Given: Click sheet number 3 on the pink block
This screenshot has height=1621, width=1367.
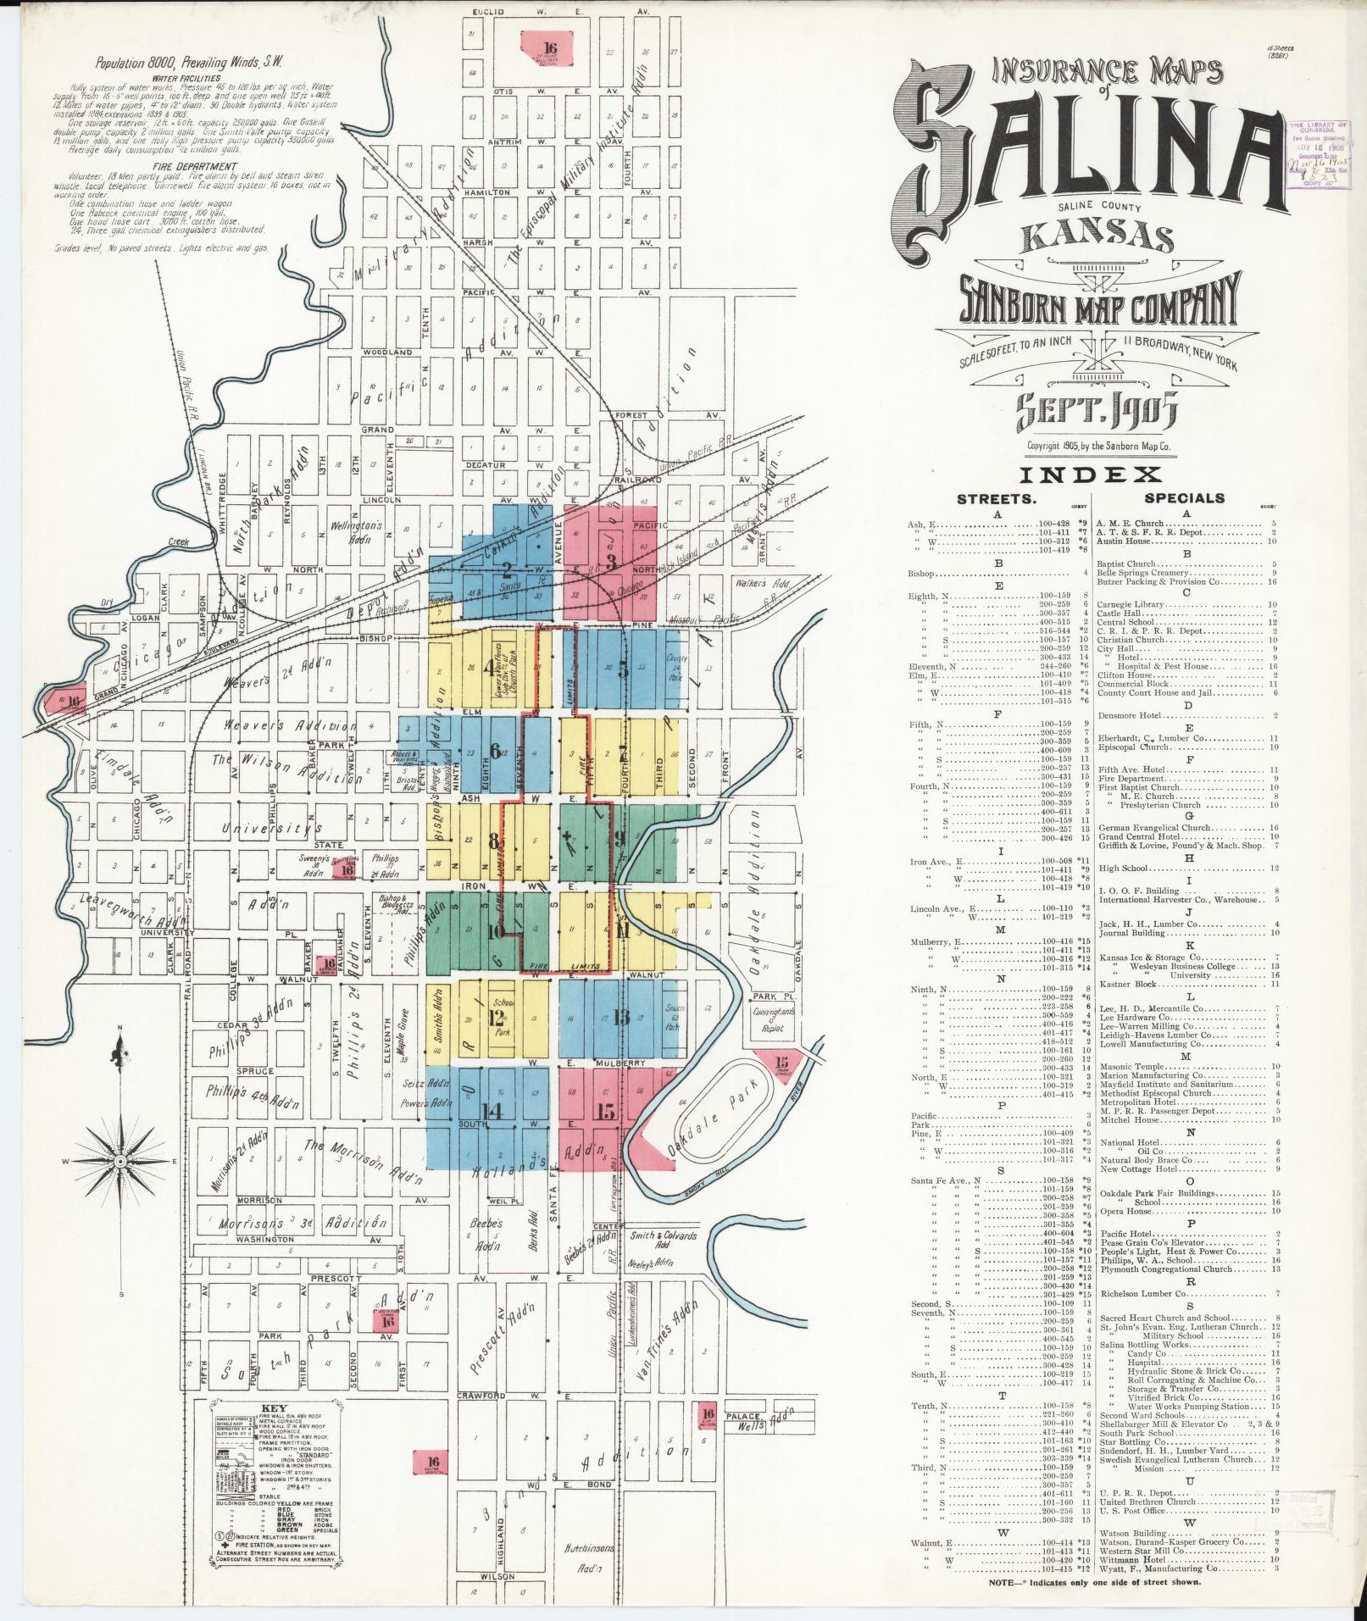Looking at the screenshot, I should tap(610, 560).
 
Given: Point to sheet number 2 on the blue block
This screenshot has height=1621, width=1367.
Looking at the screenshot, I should tap(507, 569).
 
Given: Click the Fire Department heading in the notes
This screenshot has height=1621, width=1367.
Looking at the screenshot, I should tap(195, 167).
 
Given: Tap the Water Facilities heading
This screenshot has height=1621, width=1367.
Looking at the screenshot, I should tap(196, 77).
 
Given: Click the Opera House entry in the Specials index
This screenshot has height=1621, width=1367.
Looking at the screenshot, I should tap(1124, 1212).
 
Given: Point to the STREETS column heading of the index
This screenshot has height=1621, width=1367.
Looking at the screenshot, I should tap(996, 499).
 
